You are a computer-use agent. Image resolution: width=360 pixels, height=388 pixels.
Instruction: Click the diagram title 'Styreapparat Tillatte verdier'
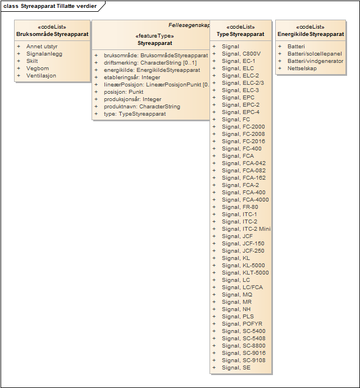point(58,6)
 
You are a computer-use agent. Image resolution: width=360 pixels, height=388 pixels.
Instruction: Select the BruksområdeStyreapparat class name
point(52,34)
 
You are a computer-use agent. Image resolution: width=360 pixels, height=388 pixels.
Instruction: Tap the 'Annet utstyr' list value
point(42,47)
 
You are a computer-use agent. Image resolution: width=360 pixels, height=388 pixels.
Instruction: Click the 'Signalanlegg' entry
point(44,54)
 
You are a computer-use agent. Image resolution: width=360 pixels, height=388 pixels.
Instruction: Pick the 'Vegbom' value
point(38,69)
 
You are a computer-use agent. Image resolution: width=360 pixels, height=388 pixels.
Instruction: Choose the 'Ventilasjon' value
point(42,76)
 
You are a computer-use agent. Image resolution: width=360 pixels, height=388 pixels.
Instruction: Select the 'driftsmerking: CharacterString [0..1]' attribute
point(150,63)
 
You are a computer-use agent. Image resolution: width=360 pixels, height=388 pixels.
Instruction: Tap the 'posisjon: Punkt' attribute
point(124,92)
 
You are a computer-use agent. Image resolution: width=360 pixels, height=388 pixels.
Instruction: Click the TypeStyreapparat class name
point(240,34)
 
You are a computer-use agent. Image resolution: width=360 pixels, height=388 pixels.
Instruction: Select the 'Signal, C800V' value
point(241,54)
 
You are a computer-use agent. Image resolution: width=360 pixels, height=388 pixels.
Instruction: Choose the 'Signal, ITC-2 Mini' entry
point(246,229)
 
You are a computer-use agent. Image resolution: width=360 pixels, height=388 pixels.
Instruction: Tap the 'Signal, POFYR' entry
point(242,324)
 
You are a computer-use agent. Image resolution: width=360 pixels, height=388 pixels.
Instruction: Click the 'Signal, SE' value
point(236,368)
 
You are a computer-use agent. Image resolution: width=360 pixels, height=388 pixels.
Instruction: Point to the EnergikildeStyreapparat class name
point(311,34)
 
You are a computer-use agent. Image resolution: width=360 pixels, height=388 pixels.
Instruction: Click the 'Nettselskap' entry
point(303,69)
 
